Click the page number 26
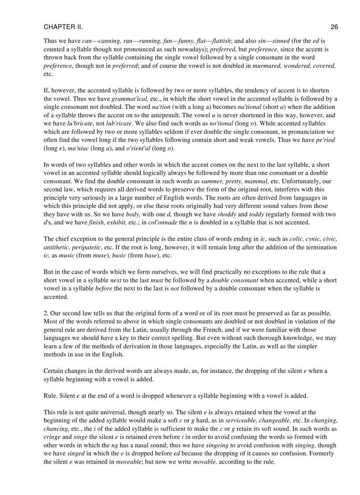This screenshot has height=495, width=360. coord(334,27)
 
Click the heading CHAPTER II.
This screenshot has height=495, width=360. coord(63,27)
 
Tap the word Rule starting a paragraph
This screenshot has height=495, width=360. coord(50,395)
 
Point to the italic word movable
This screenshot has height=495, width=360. coord(205,462)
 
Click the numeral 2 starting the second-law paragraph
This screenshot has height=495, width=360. coord(45,313)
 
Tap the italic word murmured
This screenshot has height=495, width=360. coord(267,66)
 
